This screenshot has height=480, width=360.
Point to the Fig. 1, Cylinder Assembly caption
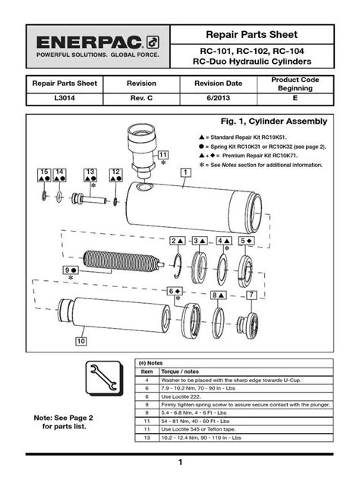click(273, 122)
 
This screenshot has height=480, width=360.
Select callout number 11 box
click(163, 155)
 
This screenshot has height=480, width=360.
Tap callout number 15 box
click(44, 174)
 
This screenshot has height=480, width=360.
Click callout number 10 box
click(80, 341)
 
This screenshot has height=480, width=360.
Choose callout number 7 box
click(251, 294)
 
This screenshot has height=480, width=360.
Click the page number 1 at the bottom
click(180, 463)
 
